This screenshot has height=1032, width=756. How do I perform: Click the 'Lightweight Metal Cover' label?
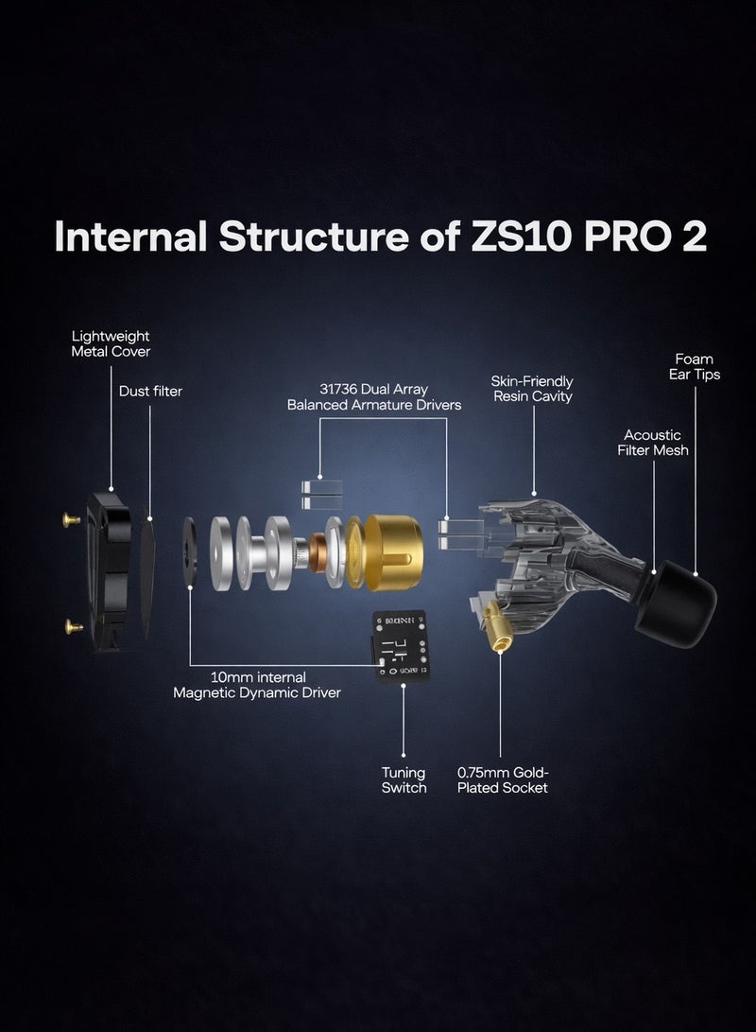coord(111,343)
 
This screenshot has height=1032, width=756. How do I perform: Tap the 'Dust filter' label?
coord(150,390)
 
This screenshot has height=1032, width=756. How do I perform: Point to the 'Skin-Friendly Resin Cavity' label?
coord(531,389)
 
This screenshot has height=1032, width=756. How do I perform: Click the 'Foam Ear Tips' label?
coord(694,366)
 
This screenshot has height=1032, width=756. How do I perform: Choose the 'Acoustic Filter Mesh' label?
coord(652,443)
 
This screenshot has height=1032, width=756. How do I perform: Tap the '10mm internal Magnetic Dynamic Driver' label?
coord(256,685)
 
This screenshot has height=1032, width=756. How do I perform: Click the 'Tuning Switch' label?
coord(404,779)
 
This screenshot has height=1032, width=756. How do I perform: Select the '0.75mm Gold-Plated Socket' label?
coord(502,779)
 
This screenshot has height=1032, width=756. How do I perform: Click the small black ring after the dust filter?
coord(190,552)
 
